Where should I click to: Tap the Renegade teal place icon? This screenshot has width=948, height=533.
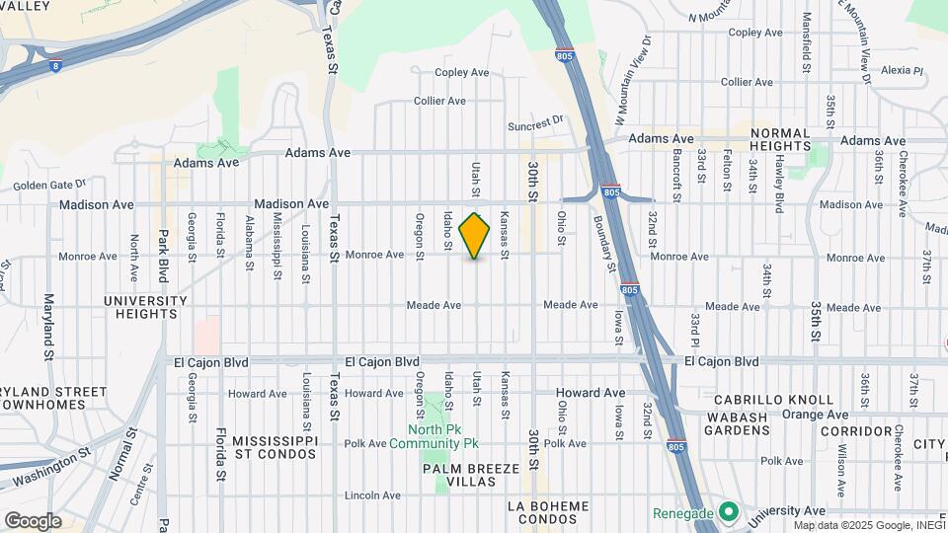[729, 512]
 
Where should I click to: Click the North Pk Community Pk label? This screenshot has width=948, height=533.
[445, 437]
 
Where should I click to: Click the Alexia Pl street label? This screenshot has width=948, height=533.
[901, 71]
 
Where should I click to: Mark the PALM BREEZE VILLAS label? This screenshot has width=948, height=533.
[471, 476]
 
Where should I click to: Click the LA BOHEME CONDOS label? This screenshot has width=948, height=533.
[548, 513]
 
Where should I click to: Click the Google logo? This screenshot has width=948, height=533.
[33, 521]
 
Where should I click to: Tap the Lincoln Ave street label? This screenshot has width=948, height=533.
[374, 495]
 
